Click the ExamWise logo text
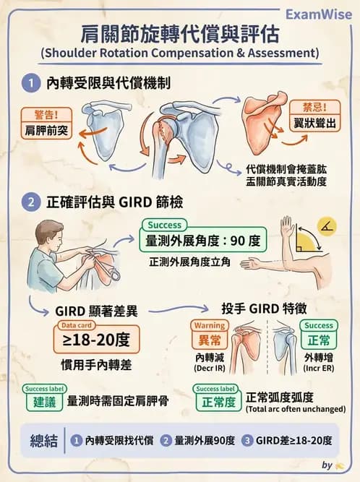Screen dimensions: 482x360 318,14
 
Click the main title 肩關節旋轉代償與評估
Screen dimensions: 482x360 179,34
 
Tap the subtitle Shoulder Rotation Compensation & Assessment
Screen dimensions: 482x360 179,53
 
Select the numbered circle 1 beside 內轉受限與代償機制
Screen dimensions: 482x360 30,84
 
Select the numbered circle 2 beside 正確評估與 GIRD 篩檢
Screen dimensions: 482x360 30,202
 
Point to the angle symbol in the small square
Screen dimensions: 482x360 327,229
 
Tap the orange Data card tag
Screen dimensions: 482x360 75,325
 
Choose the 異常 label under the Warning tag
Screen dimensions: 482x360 209,339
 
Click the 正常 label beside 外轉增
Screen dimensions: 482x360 319,339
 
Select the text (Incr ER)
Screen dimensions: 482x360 319,368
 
